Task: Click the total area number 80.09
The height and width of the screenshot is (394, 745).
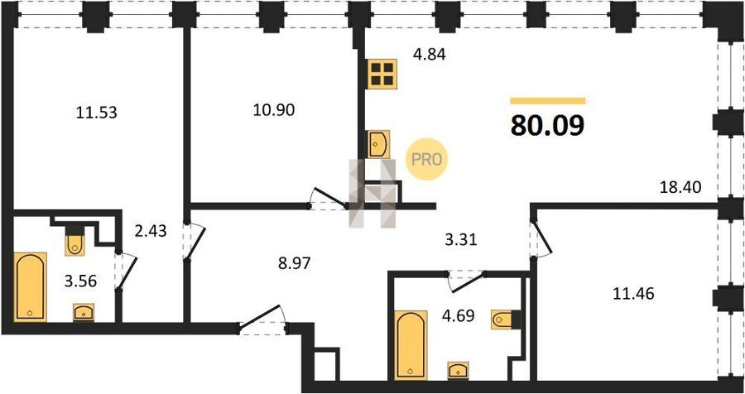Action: pos(547,126)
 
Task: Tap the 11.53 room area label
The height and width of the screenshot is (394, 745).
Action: pos(97,113)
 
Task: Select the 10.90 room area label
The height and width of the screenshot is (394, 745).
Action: pos(274,110)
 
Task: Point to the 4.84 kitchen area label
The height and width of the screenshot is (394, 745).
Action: pos(429,55)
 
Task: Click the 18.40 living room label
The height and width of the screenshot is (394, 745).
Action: pos(681,187)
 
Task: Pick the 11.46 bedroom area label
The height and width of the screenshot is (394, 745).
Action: pos(633,294)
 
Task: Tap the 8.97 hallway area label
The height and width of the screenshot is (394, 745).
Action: pos(294,263)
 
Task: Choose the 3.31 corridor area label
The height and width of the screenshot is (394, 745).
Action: pos(460,240)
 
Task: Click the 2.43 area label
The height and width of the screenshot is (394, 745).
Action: pos(150,232)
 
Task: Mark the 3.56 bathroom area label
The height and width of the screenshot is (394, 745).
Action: pos(80,281)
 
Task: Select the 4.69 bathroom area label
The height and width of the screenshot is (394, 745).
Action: pos(458,315)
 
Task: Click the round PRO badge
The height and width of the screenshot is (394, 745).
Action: pos(426,159)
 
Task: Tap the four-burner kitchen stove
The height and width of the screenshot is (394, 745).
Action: pos(382,74)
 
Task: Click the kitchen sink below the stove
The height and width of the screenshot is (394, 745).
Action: pos(378,144)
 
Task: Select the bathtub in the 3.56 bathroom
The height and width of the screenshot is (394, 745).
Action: pos(31,287)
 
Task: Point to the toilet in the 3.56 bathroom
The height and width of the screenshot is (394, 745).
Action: pos(75,242)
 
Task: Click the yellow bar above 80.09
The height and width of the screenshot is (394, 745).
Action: pos(548,101)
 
